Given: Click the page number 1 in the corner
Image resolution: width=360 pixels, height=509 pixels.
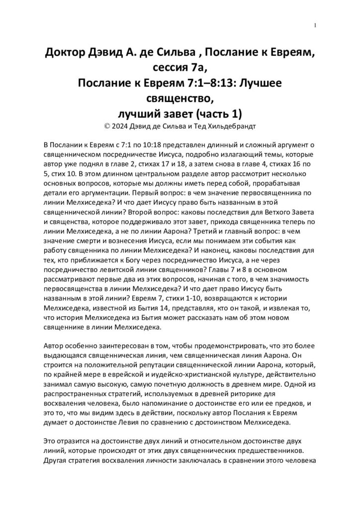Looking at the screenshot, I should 315,26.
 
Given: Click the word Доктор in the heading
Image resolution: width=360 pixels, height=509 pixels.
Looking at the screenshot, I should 66,53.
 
